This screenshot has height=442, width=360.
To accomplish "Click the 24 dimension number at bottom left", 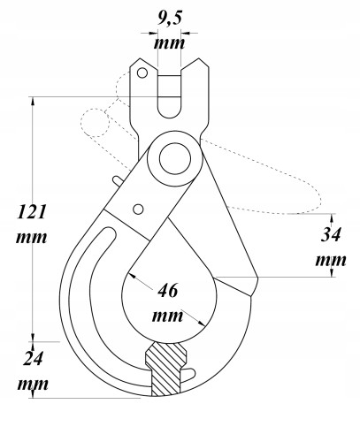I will click(x=32, y=360).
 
